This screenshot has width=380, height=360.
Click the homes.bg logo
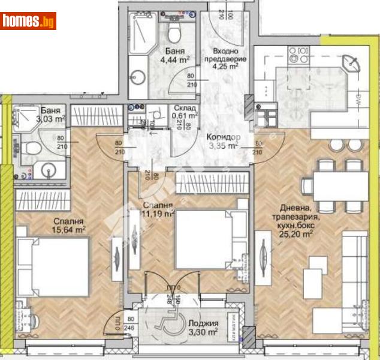[29, 21]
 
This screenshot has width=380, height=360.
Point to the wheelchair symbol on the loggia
[166, 321]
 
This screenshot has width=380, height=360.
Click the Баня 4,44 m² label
[176, 56]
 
